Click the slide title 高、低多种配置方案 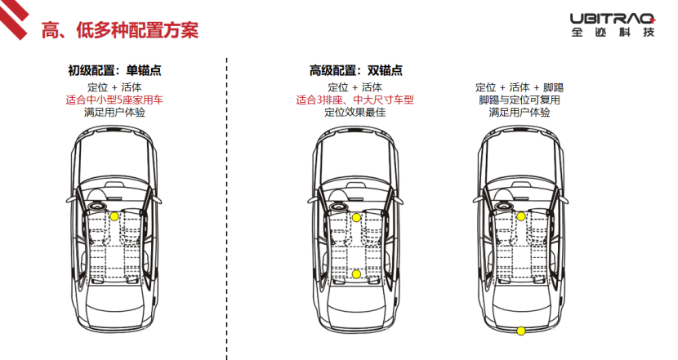120,30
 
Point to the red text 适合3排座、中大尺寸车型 355,100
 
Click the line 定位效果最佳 355,112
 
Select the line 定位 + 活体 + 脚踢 519,87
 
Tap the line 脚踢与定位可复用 519,100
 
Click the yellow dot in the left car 114,216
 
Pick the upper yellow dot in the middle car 356,216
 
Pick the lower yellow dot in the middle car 356,273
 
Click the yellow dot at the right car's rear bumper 520,330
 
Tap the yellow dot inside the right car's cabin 520,216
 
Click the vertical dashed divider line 226,204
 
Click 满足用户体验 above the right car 519,112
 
